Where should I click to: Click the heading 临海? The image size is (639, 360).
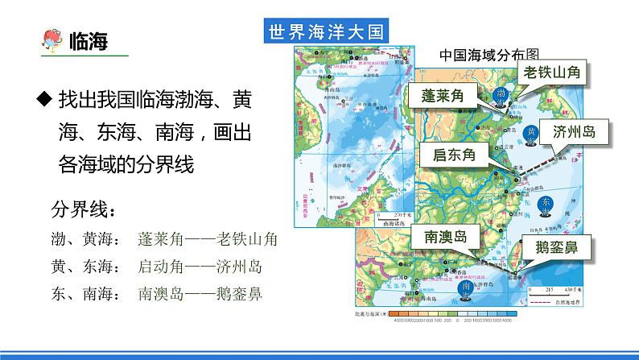point(90,40)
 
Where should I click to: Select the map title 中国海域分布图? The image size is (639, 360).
point(489,55)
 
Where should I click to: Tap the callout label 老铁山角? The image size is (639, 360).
point(550,72)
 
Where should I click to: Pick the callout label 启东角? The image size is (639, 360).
point(454,155)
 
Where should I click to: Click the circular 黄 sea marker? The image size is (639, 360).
point(531,133)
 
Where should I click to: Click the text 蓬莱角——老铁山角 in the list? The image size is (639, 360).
point(208,239)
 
